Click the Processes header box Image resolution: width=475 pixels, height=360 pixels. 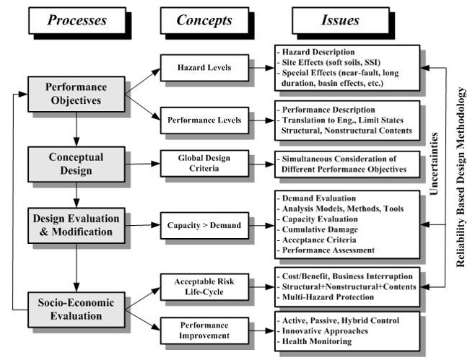(x=77, y=20)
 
